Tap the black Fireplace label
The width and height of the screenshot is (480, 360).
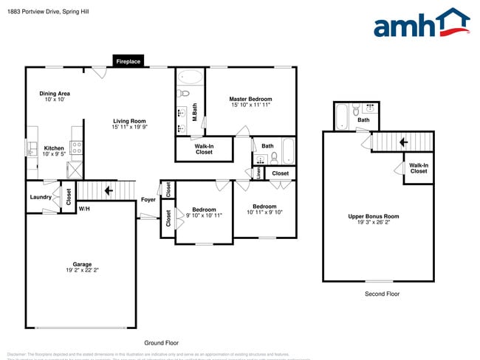click(128, 61)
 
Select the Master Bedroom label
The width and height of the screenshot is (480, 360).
click(250, 102)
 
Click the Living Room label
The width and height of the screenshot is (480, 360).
click(129, 124)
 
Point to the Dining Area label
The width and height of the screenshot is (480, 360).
click(55, 97)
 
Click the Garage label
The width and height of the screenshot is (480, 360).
click(81, 266)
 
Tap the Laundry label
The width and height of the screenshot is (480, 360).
click(41, 197)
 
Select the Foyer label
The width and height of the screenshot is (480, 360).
click(148, 200)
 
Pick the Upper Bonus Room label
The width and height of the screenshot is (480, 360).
click(373, 219)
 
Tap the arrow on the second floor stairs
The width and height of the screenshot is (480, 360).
click(403, 142)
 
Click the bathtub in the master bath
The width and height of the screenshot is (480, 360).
click(190, 77)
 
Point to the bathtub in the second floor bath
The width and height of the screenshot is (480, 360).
click(341, 117)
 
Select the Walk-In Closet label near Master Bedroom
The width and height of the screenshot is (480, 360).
click(204, 149)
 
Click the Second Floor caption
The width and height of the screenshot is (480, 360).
click(382, 294)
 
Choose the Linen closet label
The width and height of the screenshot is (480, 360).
click(258, 173)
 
